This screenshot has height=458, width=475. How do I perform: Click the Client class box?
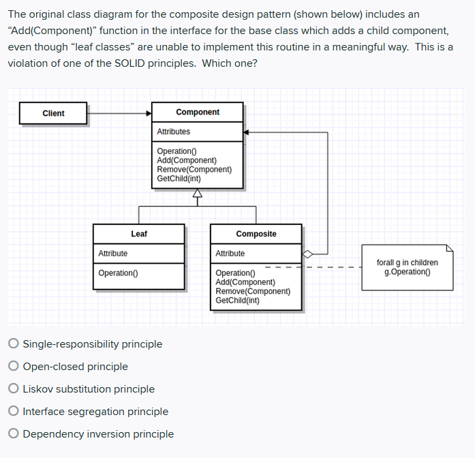point(53,113)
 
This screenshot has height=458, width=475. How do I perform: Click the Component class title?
point(198,112)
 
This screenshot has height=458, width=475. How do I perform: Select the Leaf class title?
point(139,234)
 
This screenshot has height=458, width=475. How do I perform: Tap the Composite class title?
point(256,234)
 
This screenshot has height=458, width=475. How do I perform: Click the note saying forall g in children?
point(411,267)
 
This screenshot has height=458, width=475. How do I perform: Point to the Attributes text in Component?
point(174,132)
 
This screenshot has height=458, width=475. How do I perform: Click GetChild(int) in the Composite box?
point(237,300)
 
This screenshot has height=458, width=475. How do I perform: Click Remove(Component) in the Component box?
point(194,169)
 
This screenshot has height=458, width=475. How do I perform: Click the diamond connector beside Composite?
point(308,254)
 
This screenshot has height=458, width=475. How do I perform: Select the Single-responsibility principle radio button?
point(14,344)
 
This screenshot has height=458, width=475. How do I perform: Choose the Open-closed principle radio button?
point(14,367)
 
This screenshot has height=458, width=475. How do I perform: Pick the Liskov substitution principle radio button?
point(14,389)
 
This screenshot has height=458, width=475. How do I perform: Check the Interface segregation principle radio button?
point(14,412)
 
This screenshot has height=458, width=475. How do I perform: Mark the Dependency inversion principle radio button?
point(14,434)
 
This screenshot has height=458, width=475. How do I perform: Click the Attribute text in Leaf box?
point(113,254)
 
